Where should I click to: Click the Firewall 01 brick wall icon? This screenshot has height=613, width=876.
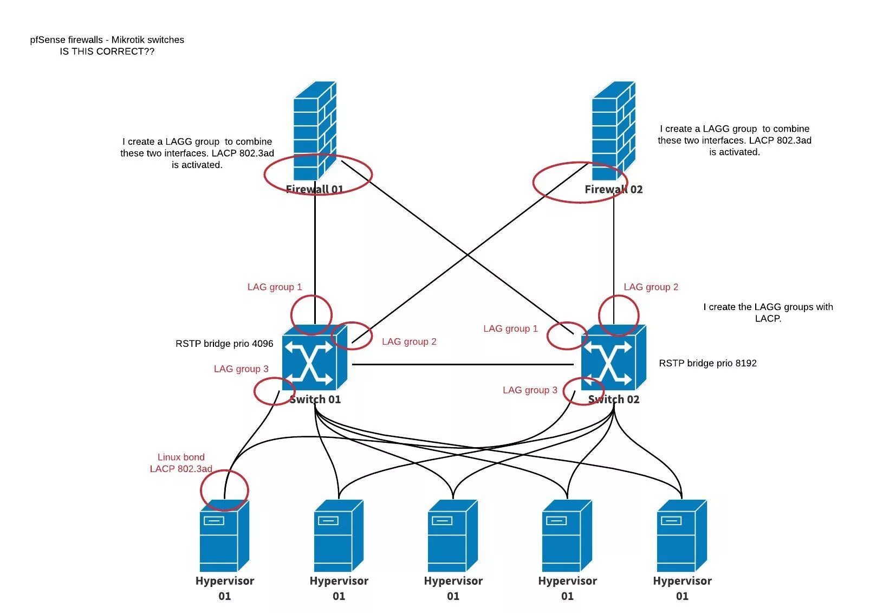(x=315, y=131)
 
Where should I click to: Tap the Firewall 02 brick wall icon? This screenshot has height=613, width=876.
(x=614, y=131)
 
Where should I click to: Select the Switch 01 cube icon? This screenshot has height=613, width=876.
(x=315, y=358)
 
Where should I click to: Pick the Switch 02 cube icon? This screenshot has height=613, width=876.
(x=614, y=358)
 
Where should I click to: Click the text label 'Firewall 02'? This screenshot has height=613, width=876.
(x=614, y=189)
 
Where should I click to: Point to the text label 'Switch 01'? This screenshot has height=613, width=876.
(x=315, y=399)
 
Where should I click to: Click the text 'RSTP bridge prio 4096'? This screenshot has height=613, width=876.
(x=224, y=344)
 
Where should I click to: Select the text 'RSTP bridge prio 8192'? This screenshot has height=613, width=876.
(x=708, y=363)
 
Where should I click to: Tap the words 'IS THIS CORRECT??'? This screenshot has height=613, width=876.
(x=107, y=51)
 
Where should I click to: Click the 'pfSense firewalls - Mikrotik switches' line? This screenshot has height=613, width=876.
(x=107, y=40)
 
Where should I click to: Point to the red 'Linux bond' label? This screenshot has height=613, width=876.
(x=181, y=457)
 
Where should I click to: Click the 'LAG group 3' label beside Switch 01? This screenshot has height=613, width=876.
(x=241, y=369)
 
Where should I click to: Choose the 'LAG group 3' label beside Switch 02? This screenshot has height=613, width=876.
(x=530, y=390)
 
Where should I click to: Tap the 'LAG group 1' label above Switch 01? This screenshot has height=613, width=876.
(x=275, y=287)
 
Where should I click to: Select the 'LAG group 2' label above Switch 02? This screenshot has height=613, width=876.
(x=651, y=287)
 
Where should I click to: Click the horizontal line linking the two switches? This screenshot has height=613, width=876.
(x=463, y=365)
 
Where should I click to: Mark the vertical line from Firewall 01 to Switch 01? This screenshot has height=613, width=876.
(x=315, y=253)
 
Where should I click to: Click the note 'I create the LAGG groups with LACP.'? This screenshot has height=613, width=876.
(x=768, y=313)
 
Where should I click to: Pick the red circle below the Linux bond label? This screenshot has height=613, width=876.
(x=224, y=490)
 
